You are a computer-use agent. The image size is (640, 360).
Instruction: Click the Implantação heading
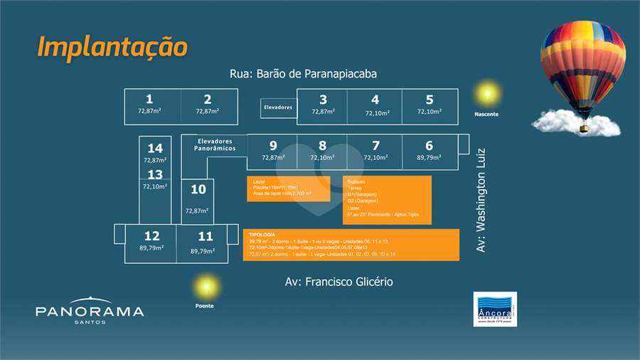(112, 47)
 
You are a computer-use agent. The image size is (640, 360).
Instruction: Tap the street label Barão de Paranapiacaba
(303, 74)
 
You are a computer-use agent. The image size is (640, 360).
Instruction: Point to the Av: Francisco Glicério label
(338, 282)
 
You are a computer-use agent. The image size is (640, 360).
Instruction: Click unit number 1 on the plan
(149, 100)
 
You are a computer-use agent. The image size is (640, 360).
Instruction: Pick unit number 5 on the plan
(430, 100)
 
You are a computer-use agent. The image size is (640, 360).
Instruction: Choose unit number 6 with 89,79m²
(430, 146)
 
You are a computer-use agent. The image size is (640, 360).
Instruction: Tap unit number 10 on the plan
(198, 189)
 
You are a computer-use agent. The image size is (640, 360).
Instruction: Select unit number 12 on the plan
(151, 236)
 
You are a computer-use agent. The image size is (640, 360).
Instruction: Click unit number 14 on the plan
(155, 148)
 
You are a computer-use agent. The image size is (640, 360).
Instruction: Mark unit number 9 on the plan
(273, 146)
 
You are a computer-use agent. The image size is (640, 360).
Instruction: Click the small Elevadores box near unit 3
(278, 107)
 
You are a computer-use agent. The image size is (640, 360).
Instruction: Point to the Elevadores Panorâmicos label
(215, 144)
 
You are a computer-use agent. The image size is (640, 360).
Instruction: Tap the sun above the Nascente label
(487, 93)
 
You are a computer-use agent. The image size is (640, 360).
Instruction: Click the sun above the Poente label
(205, 287)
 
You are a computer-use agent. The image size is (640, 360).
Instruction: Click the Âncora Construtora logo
(495, 309)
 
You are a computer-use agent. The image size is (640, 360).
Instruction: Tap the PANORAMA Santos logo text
(90, 312)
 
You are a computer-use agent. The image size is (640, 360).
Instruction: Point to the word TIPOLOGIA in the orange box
(262, 234)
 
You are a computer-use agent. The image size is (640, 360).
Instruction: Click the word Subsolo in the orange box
(356, 181)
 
